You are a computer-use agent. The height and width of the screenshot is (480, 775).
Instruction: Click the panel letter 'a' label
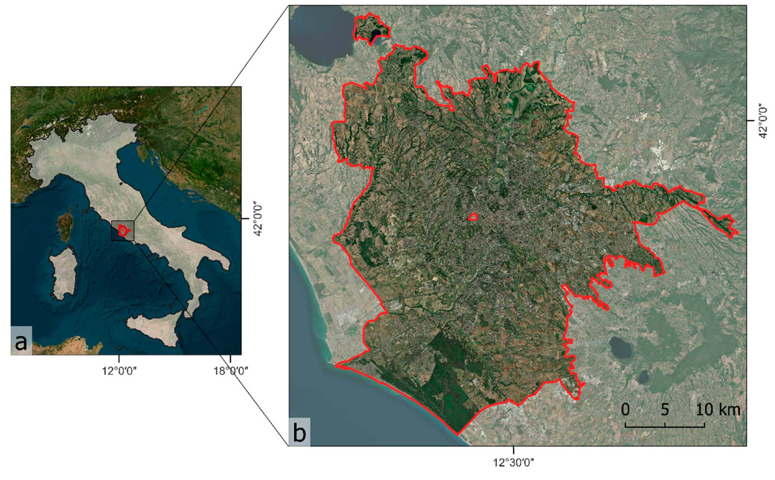tap(21, 342)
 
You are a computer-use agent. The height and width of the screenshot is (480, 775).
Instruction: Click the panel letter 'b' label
tap(299, 433)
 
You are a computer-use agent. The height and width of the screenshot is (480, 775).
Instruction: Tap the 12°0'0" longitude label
tap(119, 371)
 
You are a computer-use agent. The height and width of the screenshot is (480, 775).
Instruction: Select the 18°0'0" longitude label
tap(230, 371)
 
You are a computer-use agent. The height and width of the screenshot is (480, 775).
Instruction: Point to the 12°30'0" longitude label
tap(513, 463)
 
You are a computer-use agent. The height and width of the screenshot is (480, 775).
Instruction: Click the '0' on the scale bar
tap(625, 409)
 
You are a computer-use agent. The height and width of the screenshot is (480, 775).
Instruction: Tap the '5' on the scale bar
tap(665, 409)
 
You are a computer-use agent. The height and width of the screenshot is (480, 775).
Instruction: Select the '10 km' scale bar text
tap(718, 409)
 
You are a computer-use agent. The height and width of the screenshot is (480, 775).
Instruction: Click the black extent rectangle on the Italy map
tap(123, 231)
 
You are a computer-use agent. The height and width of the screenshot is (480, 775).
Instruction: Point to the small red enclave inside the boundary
tap(473, 217)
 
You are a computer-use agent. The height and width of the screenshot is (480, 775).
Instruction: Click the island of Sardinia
tap(64, 273)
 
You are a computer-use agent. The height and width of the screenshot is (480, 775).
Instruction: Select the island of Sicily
tap(154, 326)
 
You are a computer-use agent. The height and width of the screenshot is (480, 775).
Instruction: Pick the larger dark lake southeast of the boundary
tap(620, 347)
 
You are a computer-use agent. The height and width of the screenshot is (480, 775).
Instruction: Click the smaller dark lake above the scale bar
tap(643, 377)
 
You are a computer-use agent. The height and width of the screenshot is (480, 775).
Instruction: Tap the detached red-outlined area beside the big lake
tap(372, 28)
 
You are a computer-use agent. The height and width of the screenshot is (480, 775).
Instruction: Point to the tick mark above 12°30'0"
tap(513, 450)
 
